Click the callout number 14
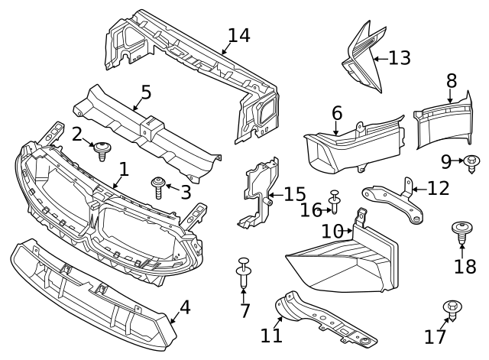238,36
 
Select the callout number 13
399,57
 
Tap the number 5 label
145,92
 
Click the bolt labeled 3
158,186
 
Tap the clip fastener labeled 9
471,162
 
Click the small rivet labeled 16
335,203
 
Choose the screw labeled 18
462,232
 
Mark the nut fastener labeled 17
452,310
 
